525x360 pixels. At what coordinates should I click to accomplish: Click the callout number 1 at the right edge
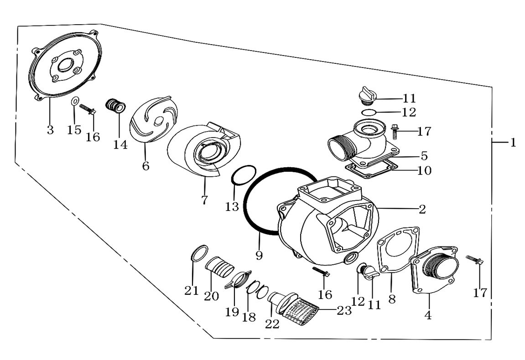(x=513, y=143)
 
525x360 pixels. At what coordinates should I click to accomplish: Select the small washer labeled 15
(x=75, y=101)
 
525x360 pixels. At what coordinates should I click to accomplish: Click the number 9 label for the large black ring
(x=259, y=255)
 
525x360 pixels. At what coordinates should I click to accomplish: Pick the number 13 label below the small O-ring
(x=232, y=206)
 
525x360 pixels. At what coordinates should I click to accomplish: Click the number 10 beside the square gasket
(x=424, y=170)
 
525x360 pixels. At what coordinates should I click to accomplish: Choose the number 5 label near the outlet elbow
(x=424, y=156)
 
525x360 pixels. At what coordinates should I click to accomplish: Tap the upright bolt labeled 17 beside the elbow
(x=395, y=132)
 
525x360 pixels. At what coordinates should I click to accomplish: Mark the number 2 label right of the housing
(x=422, y=209)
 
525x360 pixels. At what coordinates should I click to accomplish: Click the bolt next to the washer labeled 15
(x=88, y=109)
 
